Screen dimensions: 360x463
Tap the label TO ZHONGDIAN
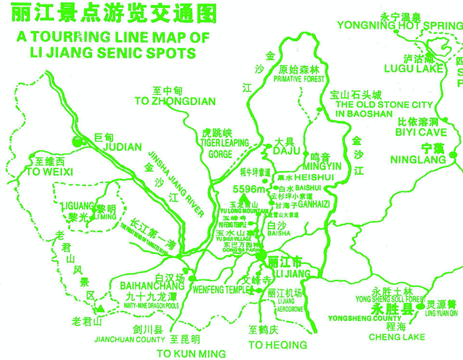pos(175,101)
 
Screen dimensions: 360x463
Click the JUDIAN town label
pos(122,147)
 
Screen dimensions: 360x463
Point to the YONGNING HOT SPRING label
pos(399,25)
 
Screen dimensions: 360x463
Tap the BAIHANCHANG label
pos(144,286)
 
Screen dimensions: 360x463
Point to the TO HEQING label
pos(278,344)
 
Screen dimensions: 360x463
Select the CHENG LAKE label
pos(396,336)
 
